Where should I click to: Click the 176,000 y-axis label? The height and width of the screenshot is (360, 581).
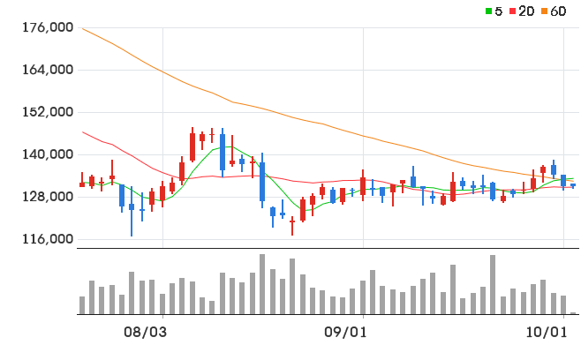tap(48, 27)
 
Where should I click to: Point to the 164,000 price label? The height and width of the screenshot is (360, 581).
tap(48, 70)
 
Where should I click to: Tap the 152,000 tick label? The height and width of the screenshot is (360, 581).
tap(48, 112)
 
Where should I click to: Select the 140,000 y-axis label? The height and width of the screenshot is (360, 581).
tap(48, 154)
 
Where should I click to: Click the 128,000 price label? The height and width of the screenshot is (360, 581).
tap(48, 196)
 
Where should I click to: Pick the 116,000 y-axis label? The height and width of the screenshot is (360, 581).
tap(48, 239)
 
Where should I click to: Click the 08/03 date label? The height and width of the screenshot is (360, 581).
tap(145, 333)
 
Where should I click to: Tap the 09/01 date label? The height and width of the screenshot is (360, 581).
tap(345, 333)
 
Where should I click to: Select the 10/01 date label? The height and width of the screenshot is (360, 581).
tap(547, 333)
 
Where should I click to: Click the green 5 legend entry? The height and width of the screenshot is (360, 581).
tap(494, 11)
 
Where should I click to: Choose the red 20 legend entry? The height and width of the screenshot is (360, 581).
tap(522, 11)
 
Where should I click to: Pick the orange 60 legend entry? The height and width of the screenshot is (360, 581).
tap(554, 11)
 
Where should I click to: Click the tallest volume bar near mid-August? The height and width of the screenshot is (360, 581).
tap(262, 284)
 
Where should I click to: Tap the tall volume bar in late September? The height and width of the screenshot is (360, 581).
tap(493, 284)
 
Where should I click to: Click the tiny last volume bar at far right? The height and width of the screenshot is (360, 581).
tap(573, 313)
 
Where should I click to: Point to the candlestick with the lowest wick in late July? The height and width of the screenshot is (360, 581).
tap(132, 211)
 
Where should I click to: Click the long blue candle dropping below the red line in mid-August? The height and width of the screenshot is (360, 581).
tap(262, 182)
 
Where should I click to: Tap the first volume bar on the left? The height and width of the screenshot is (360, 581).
tap(82, 305)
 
